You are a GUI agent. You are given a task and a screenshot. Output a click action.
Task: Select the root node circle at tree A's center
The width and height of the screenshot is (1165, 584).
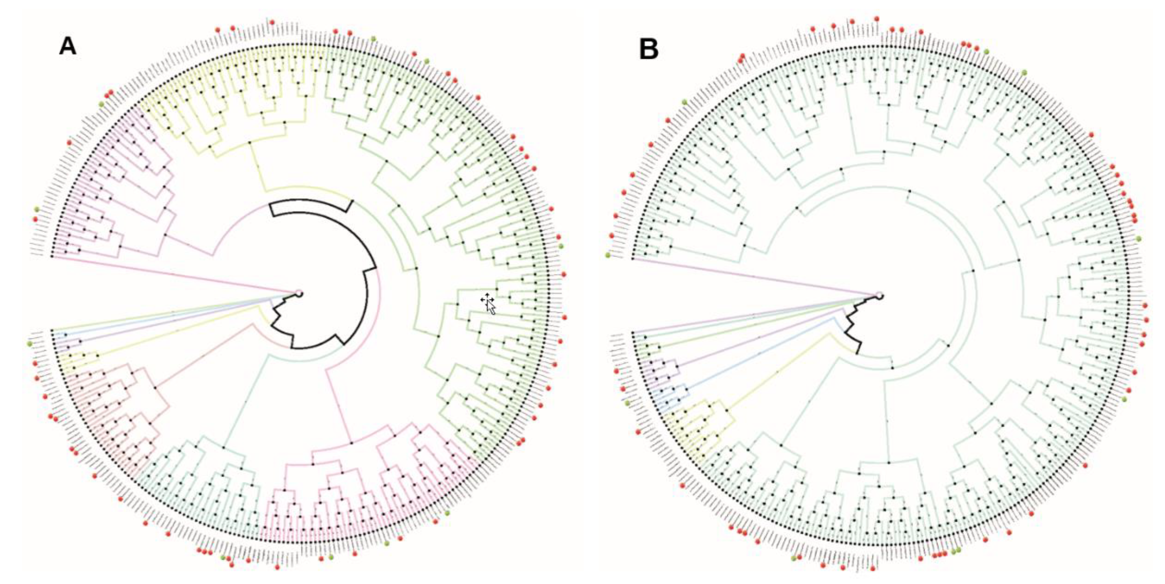point(299,294)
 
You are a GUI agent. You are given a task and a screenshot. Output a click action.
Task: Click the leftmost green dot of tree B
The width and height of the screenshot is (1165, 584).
point(608,256)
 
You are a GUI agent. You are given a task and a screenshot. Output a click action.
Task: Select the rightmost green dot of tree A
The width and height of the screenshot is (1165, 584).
point(561,246)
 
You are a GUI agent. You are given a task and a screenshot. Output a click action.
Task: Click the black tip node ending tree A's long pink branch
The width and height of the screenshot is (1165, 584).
point(52,256)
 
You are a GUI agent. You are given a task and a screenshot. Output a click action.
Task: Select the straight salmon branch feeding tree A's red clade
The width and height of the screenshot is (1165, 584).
point(203,357)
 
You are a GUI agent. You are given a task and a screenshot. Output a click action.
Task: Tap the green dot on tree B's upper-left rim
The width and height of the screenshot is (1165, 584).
point(685,102)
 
